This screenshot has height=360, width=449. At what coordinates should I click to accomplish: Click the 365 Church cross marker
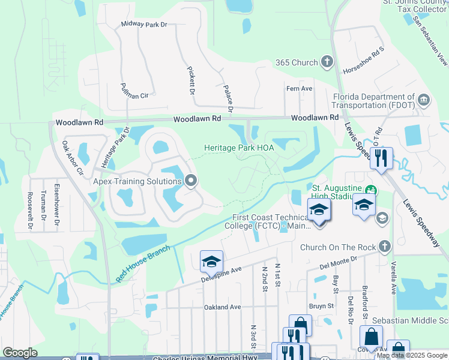click(327, 62)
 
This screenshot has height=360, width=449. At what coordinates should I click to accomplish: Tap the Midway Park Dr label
click(144, 25)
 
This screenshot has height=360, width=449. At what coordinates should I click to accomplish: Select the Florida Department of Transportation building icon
click(424, 99)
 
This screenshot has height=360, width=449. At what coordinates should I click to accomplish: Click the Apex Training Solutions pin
click(191, 181)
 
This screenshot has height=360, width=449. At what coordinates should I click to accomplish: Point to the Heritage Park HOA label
click(235, 148)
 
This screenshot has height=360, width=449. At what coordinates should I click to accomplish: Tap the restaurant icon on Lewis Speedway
click(381, 158)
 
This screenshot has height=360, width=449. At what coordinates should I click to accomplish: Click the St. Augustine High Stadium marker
click(372, 189)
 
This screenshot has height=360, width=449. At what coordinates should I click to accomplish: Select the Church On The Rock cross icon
click(384, 246)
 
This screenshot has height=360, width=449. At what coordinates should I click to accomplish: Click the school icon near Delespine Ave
click(211, 262)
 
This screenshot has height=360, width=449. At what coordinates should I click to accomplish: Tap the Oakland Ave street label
click(222, 307)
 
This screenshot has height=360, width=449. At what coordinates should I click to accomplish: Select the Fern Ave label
click(299, 88)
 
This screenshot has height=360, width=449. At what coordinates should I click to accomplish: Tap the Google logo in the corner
click(20, 352)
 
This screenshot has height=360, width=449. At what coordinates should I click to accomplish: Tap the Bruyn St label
click(321, 306)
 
